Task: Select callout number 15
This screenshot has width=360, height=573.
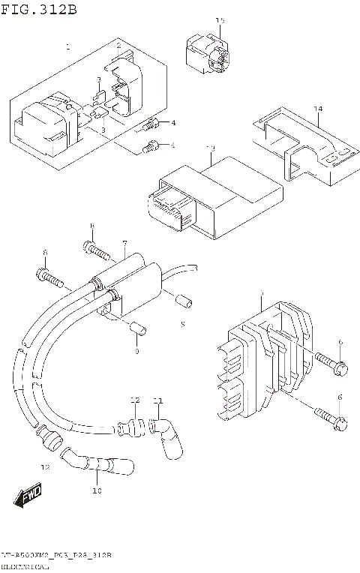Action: [220, 21]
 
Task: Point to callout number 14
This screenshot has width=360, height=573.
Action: [318, 109]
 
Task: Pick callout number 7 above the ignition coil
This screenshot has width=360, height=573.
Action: [124, 243]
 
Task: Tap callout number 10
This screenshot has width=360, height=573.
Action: [96, 491]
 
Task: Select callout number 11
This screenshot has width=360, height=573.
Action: [157, 400]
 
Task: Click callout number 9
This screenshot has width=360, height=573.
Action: [137, 352]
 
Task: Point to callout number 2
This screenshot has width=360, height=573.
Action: [118, 46]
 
